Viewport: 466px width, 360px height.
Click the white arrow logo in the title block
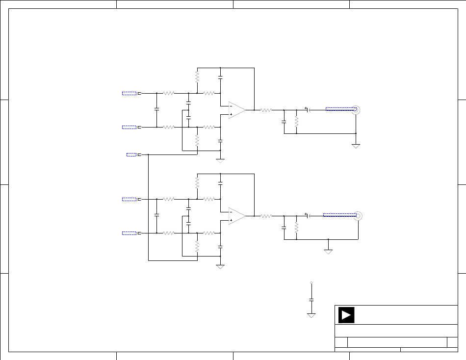click(x=346, y=315)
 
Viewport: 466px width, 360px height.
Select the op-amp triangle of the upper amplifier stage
click(x=237, y=110)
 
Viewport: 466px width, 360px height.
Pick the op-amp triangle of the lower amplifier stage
click(x=237, y=216)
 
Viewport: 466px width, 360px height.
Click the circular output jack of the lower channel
click(x=358, y=215)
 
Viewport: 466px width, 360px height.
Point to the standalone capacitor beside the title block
click(x=311, y=299)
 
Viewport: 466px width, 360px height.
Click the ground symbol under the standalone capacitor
click(x=311, y=315)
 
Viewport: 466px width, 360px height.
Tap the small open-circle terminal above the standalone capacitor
click(x=311, y=283)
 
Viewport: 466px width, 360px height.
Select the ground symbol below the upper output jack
click(x=356, y=146)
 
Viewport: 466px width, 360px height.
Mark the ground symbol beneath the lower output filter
click(x=328, y=251)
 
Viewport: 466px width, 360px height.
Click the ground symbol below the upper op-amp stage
click(x=220, y=160)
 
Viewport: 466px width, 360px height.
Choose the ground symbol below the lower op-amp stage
click(x=220, y=266)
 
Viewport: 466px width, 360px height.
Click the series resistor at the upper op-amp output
click(x=266, y=110)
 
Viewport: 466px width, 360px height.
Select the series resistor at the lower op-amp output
click(x=266, y=216)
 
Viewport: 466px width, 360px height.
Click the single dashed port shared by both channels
click(x=131, y=154)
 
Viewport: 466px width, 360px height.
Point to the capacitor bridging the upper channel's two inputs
click(x=156, y=110)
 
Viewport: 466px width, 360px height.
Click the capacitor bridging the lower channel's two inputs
click(x=156, y=215)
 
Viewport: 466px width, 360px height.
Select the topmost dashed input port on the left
click(x=129, y=93)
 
